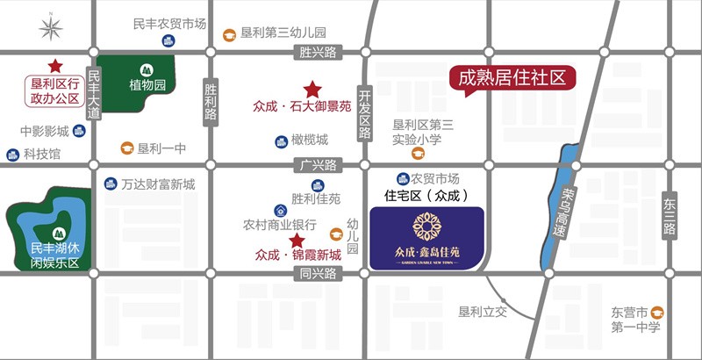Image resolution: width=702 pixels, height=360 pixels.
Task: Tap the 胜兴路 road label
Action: (318, 53)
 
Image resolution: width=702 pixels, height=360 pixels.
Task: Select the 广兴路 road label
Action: (318, 165)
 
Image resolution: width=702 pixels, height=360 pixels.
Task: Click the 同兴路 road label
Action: (318, 274)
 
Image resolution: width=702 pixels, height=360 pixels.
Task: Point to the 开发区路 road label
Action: (365, 114)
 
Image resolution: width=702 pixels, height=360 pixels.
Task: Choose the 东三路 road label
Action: (670, 216)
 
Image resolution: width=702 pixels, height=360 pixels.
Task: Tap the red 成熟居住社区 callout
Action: (512, 77)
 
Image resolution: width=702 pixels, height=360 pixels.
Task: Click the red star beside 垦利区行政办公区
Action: (55, 66)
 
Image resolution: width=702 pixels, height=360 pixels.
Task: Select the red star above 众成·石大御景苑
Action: (311, 89)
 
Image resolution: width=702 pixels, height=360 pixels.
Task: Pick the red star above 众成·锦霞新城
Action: (297, 240)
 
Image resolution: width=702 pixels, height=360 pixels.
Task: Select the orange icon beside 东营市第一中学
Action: (656, 312)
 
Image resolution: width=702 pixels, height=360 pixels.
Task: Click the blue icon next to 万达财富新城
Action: (111, 184)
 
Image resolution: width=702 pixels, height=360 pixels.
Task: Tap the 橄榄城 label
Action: (310, 140)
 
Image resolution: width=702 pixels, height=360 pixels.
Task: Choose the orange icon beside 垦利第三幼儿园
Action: (229, 34)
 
